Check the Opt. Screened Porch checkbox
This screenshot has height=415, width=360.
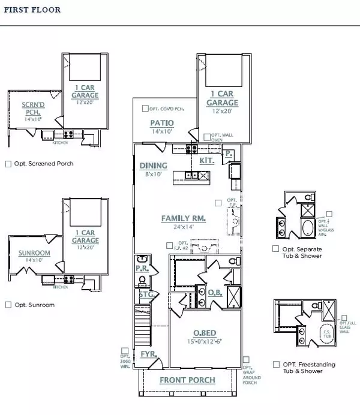pos(8,163)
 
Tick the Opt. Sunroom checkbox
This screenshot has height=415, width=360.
pos(8,305)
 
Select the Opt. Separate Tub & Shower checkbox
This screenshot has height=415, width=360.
pos(275,248)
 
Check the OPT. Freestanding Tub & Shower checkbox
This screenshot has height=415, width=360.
pos(275,364)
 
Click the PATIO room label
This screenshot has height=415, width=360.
pos(162,123)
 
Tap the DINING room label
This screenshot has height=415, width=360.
pos(154,166)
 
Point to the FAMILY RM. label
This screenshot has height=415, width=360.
pos(183,219)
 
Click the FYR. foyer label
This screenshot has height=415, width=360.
pos(147,355)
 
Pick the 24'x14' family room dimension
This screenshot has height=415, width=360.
pos(182,228)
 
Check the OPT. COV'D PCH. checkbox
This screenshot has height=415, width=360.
pos(145,109)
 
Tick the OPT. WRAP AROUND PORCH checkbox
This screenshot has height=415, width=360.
pos(246,360)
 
